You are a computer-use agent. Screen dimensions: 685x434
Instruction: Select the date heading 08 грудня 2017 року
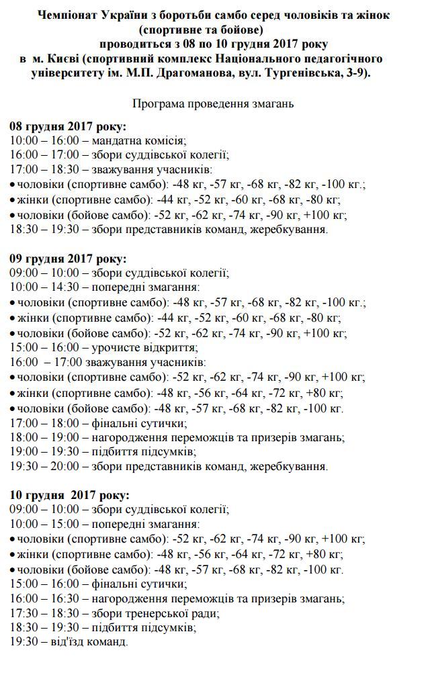click(x=69, y=126)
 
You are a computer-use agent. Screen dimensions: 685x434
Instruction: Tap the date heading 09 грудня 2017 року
click(x=69, y=259)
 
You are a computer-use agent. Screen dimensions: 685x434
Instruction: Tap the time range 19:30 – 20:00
click(x=44, y=465)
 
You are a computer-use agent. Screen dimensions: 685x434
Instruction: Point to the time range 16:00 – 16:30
click(x=44, y=598)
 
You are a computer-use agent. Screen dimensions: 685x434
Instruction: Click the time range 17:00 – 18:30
click(x=44, y=170)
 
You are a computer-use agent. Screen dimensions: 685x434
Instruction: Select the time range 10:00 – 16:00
click(x=44, y=140)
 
